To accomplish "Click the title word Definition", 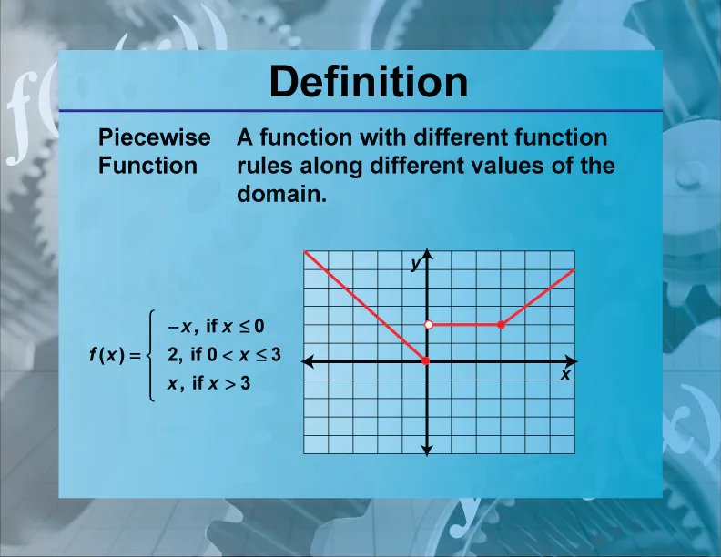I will coord(369,83).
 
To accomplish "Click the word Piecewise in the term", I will coord(154,137).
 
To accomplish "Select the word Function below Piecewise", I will coord(147,166).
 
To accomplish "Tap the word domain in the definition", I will coord(280,194).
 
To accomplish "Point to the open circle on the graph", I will coord(427,325).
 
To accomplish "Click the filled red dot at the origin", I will coord(427,361).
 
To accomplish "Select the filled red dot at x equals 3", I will coord(501,325).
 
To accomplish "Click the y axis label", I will coord(415,264).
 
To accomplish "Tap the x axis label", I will coord(565,374).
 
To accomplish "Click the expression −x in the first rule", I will coord(177,326).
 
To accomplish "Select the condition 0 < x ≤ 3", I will coord(244,355).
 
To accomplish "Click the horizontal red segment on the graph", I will coord(464,325).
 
